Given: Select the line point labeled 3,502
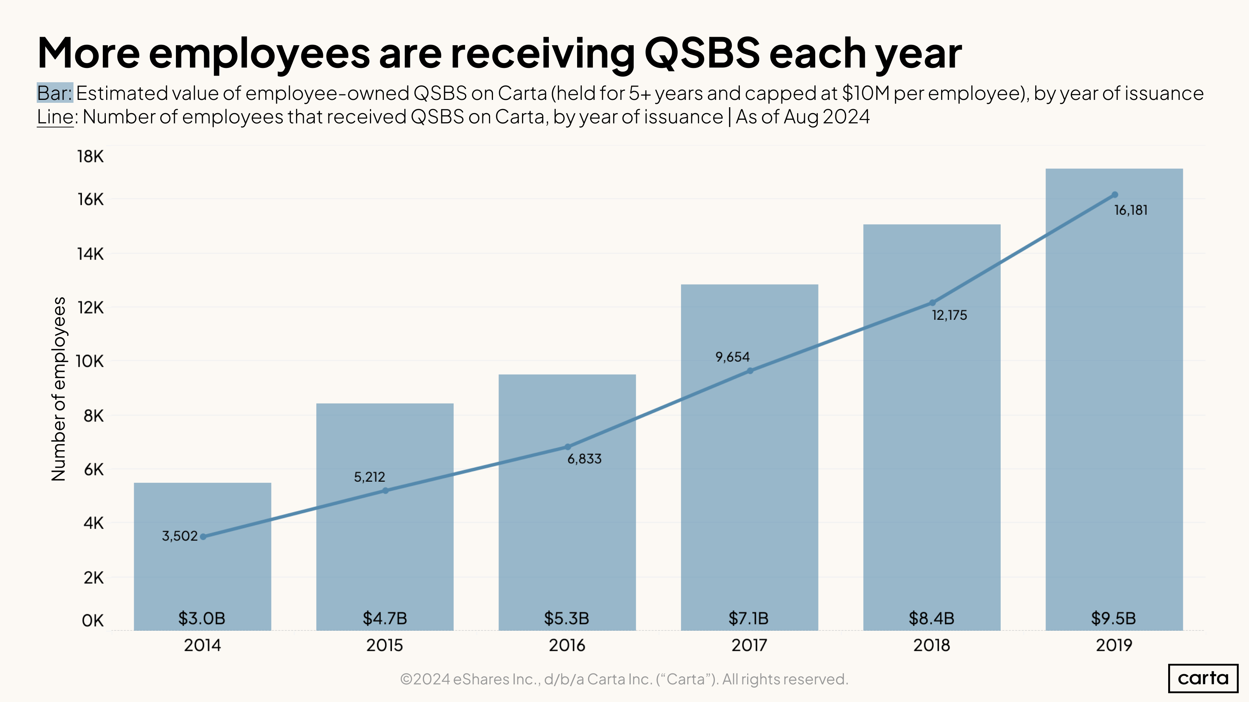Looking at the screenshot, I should (x=203, y=536).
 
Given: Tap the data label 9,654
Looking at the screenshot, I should (x=732, y=357).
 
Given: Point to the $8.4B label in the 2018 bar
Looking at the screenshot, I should (x=931, y=618).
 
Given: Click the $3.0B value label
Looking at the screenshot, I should (x=202, y=618).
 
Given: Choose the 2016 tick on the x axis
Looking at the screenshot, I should (x=567, y=645).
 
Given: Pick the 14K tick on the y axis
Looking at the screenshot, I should (x=90, y=253).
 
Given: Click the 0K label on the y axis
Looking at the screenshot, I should (x=92, y=620).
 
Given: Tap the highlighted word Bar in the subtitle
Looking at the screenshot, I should (x=54, y=93).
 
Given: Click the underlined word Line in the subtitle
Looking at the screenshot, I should (x=55, y=117).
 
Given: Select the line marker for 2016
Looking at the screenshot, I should (x=567, y=447).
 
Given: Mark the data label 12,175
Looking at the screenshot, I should (x=949, y=315).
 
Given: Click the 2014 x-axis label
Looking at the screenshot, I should (x=202, y=645).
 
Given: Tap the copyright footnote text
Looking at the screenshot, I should (x=624, y=679).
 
